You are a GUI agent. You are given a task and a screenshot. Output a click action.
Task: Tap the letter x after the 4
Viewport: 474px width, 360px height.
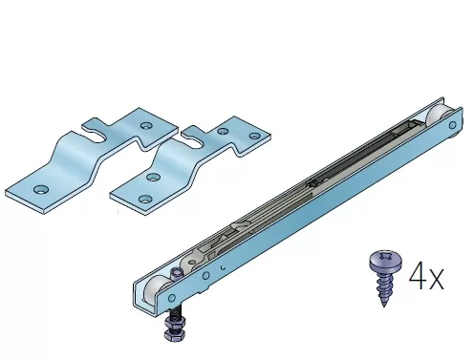pyautogui.click(x=436, y=279)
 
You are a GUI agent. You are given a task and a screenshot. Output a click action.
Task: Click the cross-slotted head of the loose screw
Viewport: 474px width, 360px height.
pyautogui.click(x=386, y=261)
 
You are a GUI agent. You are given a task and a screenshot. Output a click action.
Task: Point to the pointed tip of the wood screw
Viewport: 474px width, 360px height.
pyautogui.click(x=384, y=305)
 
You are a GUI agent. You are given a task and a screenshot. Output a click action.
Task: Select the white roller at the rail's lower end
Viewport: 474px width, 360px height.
pyautogui.click(x=156, y=289)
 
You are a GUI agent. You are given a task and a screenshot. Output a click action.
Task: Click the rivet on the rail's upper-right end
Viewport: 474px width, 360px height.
pyautogui.click(x=452, y=125)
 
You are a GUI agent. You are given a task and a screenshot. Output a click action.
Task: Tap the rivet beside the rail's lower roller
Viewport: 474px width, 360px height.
pyautogui.click(x=172, y=298)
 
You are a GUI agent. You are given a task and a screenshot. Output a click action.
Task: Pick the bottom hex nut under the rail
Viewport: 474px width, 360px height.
pyautogui.click(x=171, y=335)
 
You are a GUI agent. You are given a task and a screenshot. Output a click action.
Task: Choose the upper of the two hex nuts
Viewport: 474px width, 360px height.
pyautogui.click(x=171, y=325)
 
